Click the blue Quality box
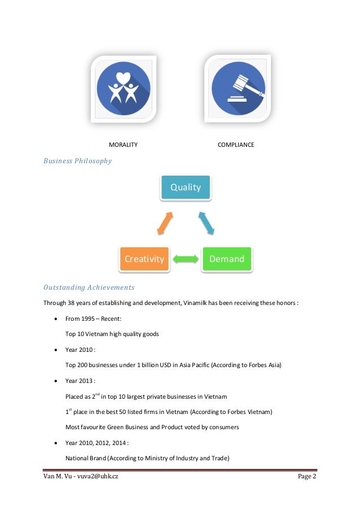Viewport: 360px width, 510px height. [185, 187]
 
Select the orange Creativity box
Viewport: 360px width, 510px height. [144, 259]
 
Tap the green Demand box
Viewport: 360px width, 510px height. [226, 259]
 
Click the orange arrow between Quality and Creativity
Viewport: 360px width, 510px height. [164, 223]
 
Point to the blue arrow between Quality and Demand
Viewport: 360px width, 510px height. [206, 223]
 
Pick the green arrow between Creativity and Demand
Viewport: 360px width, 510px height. [186, 259]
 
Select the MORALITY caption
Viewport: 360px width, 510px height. [123, 145]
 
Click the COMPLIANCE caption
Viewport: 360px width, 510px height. [236, 145]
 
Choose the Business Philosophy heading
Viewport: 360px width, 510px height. [78, 161]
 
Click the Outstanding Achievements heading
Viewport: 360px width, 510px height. [89, 287]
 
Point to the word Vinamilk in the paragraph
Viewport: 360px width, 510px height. [197, 303]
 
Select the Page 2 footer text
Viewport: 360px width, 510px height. [307, 478]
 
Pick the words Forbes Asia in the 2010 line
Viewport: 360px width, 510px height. [262, 365]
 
